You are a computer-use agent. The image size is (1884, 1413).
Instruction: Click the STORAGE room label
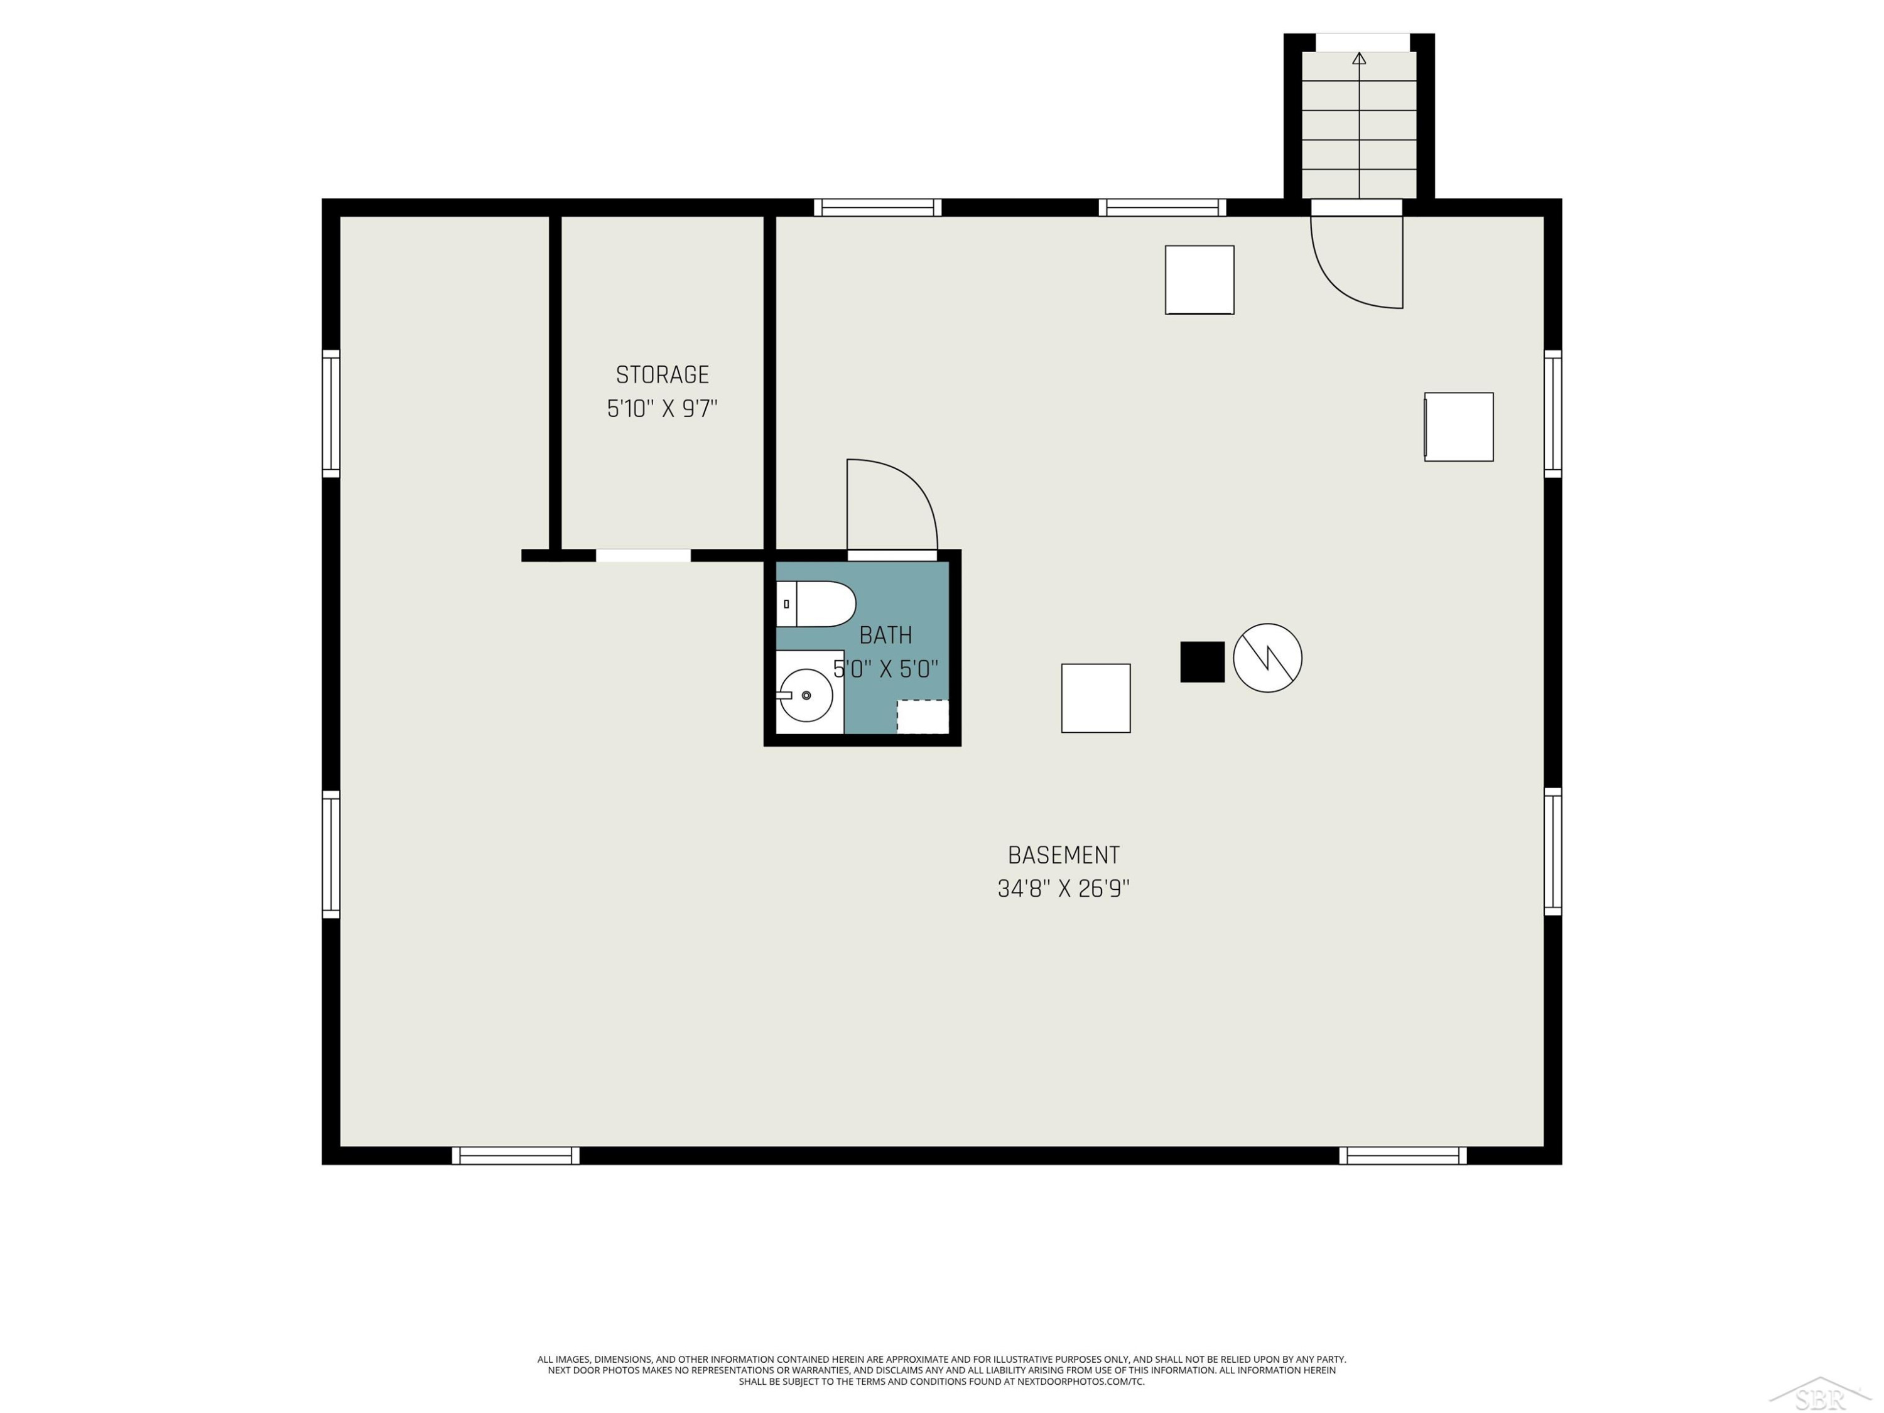click(x=662, y=375)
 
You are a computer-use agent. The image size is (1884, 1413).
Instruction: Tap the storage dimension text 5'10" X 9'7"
click(x=662, y=409)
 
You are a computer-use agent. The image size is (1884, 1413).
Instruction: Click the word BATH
click(x=885, y=636)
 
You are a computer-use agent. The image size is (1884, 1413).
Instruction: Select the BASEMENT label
click(x=1063, y=855)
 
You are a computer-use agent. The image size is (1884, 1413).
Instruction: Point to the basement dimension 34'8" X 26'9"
click(x=1063, y=889)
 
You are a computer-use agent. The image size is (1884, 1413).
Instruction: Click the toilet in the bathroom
click(x=816, y=604)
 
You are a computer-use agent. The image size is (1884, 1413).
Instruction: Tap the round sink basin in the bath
click(x=806, y=695)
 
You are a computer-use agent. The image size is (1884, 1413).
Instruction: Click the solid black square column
click(x=1202, y=662)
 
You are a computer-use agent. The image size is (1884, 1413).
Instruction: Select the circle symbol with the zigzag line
click(x=1267, y=658)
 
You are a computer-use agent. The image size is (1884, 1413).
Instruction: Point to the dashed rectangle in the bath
click(x=923, y=717)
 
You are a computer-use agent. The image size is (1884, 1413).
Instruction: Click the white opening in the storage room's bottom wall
click(x=643, y=555)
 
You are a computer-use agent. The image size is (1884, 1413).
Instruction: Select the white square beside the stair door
click(x=1199, y=279)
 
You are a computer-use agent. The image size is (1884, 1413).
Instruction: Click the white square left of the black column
click(x=1095, y=698)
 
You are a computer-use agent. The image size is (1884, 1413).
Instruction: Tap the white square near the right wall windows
click(x=1459, y=426)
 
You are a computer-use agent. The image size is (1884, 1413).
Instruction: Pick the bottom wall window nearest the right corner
click(x=1403, y=1156)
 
